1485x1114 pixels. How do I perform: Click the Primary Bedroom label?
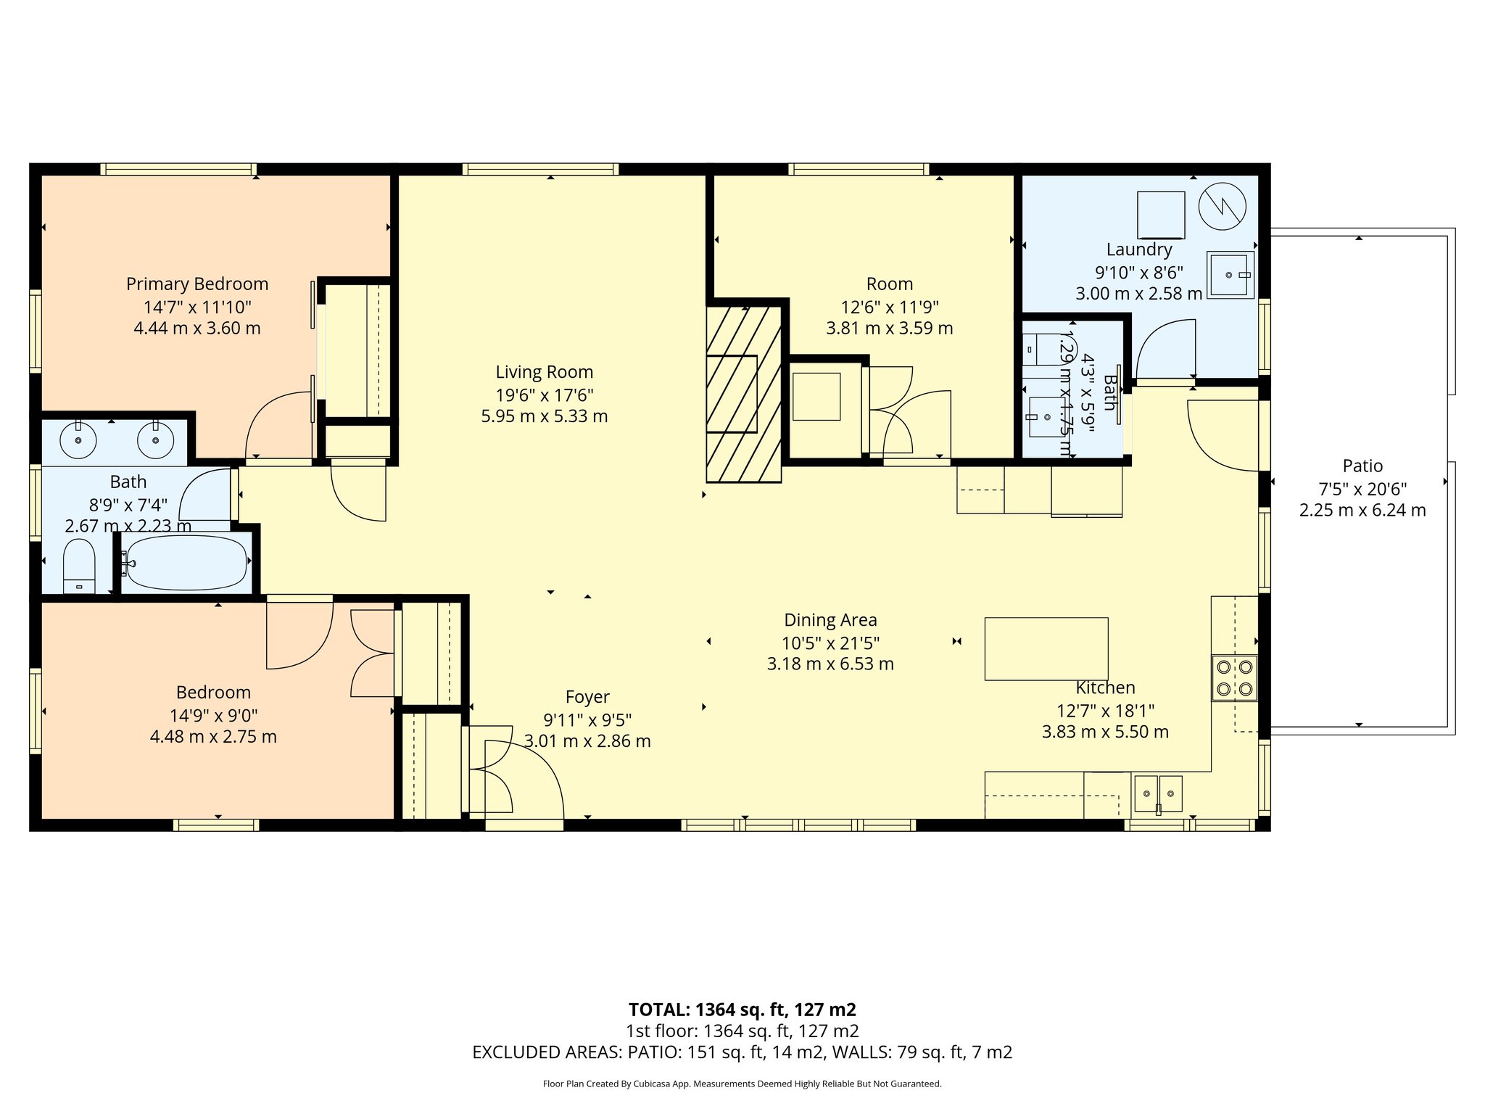coord(197,284)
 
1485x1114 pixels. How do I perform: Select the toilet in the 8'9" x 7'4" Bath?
coord(79,566)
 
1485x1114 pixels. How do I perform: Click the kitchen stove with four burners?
coord(1234,678)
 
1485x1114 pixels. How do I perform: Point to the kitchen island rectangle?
coord(1046,648)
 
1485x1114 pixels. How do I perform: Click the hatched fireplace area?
coord(744,394)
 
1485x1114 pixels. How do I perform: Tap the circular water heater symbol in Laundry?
coord(1222,206)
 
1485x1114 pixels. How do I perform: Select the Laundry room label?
coord(1138,249)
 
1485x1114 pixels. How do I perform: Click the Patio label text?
coord(1362,466)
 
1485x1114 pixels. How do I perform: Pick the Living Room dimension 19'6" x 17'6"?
coord(544,395)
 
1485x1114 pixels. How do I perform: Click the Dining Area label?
coord(830,620)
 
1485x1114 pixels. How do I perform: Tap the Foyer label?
coord(587,697)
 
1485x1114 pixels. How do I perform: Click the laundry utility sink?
coord(1230,275)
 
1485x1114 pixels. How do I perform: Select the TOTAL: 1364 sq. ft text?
coord(742,1010)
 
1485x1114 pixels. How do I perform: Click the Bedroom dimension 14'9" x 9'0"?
coord(213,715)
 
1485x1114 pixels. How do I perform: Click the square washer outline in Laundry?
coord(1160,215)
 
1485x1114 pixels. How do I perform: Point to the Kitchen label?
coord(1105,688)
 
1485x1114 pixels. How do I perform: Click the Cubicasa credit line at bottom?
coord(742,1084)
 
